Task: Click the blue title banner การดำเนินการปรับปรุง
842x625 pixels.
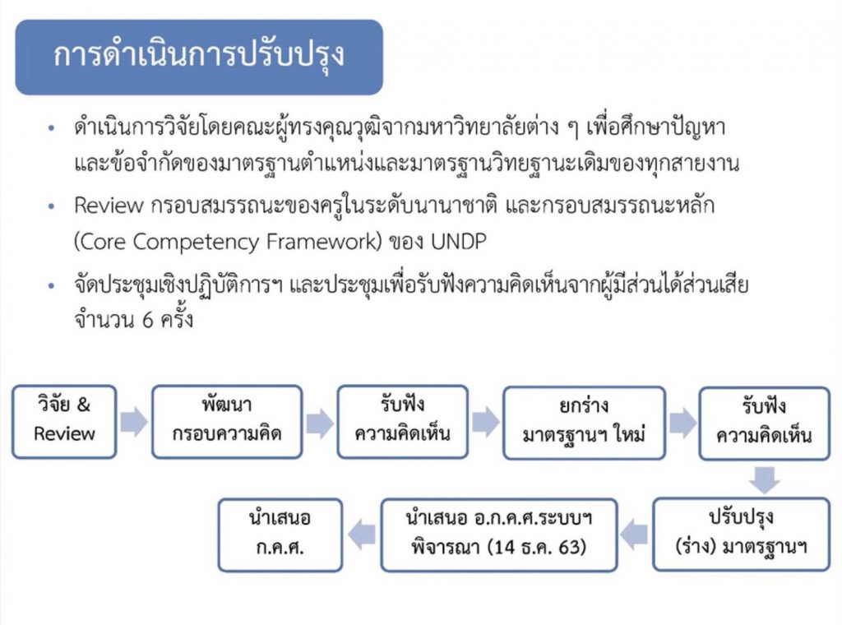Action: coord(199,57)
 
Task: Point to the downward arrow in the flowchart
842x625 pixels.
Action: coord(765,479)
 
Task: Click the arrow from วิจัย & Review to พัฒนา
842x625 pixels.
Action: coord(133,422)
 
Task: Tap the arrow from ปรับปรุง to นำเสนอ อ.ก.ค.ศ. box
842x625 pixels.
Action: coord(634,535)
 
